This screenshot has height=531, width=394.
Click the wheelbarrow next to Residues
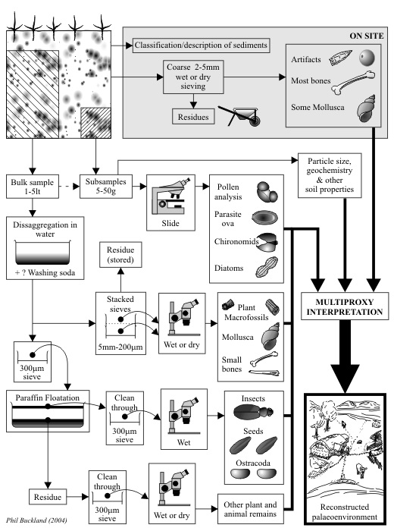click(240, 116)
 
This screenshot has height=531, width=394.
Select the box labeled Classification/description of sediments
click(202, 45)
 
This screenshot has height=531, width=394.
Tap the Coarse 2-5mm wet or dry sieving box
click(193, 77)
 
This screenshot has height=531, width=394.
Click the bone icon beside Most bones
click(353, 82)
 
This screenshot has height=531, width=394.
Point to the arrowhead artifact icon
click(340, 58)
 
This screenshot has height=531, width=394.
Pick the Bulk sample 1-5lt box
click(33, 187)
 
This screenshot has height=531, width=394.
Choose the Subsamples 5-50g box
click(106, 187)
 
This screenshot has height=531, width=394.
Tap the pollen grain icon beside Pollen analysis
click(267, 192)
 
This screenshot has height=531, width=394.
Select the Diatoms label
click(229, 269)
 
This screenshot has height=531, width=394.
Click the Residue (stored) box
click(120, 255)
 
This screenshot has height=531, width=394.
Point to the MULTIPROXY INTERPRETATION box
click(345, 306)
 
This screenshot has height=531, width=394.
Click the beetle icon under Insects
click(253, 412)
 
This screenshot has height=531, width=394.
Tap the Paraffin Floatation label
click(47, 397)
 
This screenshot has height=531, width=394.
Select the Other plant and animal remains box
click(250, 509)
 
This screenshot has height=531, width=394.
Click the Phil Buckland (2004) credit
click(36, 520)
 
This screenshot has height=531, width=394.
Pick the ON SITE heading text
click(367, 36)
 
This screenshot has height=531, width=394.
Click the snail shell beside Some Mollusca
click(366, 108)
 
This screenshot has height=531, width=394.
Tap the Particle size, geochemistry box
click(330, 175)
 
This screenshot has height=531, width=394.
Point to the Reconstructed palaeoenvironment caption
click(345, 512)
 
